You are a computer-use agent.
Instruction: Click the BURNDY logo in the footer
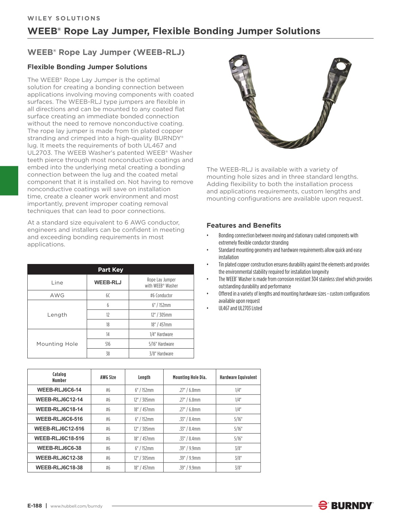tap(346, 505)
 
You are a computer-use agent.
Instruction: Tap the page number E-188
tap(34, 506)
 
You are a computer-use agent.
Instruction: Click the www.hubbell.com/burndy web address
tap(76, 506)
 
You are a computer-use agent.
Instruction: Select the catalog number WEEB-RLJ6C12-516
tap(59, 429)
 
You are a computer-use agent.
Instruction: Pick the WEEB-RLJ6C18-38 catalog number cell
tap(59, 467)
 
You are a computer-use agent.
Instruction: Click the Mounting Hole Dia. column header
tap(189, 377)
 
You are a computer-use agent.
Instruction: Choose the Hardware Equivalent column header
tap(238, 377)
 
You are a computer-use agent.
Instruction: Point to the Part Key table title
tap(110, 269)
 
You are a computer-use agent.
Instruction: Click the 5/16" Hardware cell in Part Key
tap(161, 344)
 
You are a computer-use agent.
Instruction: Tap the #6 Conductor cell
tap(161, 295)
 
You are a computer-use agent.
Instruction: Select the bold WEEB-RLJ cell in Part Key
tap(108, 283)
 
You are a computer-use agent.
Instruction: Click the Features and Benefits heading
tap(244, 225)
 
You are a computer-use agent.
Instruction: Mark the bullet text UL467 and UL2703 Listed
tap(240, 308)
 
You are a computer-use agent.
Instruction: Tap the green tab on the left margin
tap(9, 181)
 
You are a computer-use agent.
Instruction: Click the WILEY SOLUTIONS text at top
tap(64, 18)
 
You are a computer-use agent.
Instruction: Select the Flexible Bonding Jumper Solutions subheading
tap(87, 67)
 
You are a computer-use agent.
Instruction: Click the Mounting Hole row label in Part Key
tap(57, 344)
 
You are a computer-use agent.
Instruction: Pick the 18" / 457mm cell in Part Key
tap(161, 324)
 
